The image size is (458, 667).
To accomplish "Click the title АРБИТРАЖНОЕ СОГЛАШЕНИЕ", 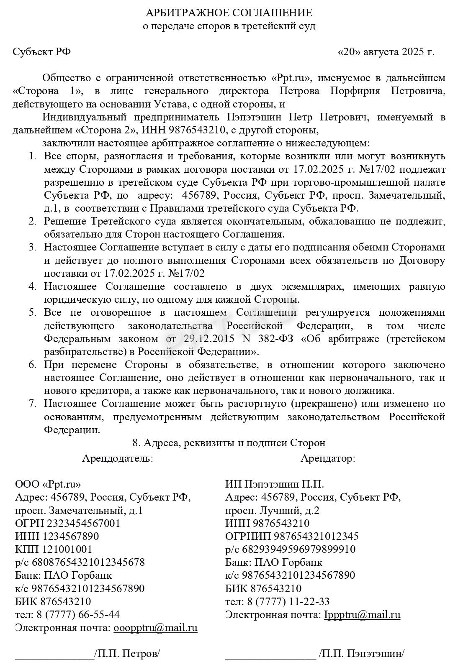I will pos(229,13).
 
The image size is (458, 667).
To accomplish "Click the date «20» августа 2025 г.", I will pos(386,52).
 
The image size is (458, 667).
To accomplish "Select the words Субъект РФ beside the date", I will pos(41,52).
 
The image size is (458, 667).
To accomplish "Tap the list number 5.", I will pos(32,313).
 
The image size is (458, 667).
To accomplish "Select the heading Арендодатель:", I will pos(118,458).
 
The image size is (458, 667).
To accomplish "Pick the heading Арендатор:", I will pos(328,458).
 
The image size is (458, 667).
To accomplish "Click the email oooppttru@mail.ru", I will pos(155,628).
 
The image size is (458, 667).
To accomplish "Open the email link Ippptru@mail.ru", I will pos(362,615).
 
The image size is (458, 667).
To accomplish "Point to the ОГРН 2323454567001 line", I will pos(67,524).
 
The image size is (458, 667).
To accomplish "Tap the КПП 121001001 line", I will pos(54,549).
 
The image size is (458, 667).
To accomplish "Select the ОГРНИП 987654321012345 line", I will pos(292,537).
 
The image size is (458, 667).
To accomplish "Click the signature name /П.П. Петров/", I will pos(128,654).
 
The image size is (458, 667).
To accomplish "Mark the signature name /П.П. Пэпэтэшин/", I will pos(362,654).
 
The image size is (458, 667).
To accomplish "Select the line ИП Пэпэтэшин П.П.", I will pos(274,485).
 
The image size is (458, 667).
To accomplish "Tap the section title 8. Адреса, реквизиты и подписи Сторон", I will pos(229,443).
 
